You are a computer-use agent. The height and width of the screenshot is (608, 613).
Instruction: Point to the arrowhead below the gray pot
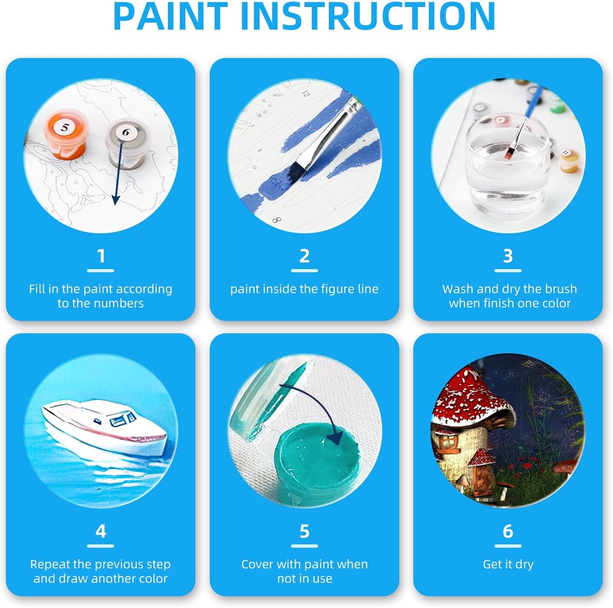115,200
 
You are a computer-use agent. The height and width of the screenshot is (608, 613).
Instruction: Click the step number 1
101,256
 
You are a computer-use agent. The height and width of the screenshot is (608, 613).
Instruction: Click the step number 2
304,256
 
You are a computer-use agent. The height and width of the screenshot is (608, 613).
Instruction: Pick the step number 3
508,256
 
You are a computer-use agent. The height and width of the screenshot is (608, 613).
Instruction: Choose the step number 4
101,531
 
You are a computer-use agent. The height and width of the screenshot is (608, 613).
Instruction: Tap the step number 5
304,531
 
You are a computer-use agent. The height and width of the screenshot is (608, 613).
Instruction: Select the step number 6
508,531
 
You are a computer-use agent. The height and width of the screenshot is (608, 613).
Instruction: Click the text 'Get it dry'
508,564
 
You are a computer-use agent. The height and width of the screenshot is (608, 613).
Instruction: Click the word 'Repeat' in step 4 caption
50,565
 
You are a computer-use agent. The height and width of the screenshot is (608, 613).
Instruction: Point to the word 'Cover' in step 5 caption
257,564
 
